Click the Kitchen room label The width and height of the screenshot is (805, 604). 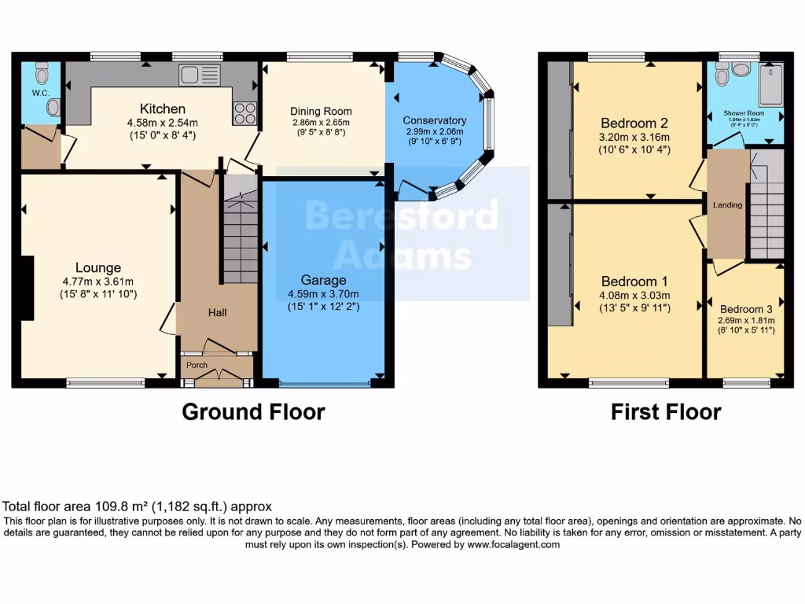point(163,109)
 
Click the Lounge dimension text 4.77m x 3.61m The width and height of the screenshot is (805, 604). point(98,282)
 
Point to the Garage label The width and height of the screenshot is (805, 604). point(323,280)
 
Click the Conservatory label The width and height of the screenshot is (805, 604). point(435,120)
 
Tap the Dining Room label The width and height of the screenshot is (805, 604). point(321,112)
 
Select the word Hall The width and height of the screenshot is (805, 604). point(218,313)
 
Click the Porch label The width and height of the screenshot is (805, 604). point(196,365)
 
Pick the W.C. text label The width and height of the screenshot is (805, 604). point(41,93)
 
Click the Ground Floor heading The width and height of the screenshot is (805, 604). point(253,411)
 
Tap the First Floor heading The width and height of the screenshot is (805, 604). point(666,411)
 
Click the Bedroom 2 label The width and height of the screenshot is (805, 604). point(634,123)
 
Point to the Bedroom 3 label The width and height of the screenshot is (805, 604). point(746,309)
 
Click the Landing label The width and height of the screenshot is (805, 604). point(727,205)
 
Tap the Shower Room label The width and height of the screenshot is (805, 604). point(744,113)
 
